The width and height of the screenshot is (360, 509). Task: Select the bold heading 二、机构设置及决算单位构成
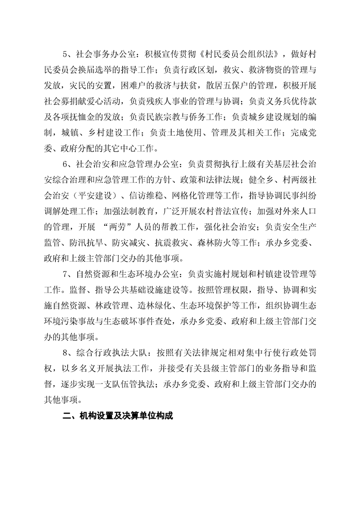[x=118, y=416]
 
